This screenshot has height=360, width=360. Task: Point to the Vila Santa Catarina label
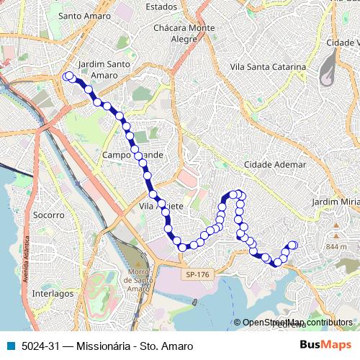267,67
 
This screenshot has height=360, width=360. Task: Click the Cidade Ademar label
275,165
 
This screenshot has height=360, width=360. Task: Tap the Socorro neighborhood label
49,215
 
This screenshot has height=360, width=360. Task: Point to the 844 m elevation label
336,247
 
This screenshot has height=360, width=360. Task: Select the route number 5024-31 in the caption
39,346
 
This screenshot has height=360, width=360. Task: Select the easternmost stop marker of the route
293,246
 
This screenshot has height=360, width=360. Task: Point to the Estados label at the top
161,6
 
